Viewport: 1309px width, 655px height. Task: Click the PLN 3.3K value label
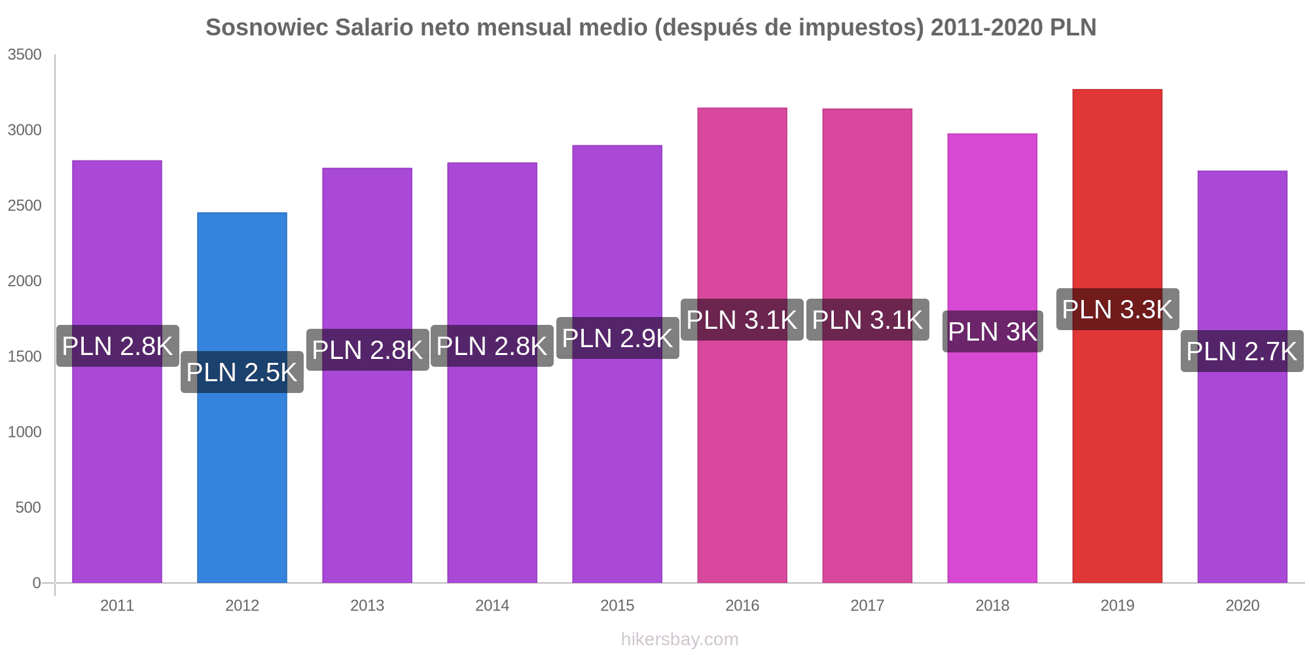pyautogui.click(x=1117, y=309)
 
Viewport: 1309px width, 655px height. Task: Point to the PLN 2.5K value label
pyautogui.click(x=242, y=372)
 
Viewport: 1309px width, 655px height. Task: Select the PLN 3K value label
pyautogui.click(x=992, y=331)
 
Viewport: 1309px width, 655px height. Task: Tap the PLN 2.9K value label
pyautogui.click(x=617, y=338)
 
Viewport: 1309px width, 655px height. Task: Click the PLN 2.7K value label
pyautogui.click(x=1242, y=351)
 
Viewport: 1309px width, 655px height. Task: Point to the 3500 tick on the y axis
pyautogui.click(x=25, y=55)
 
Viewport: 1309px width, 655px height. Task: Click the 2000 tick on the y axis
pyautogui.click(x=25, y=281)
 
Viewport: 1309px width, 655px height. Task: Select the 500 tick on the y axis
pyautogui.click(x=29, y=508)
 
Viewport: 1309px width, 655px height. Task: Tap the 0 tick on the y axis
pyautogui.click(x=37, y=583)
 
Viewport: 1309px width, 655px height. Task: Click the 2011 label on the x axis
pyautogui.click(x=117, y=605)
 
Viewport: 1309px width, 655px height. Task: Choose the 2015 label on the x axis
pyautogui.click(x=617, y=605)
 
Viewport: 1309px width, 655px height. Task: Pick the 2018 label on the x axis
pyautogui.click(x=992, y=605)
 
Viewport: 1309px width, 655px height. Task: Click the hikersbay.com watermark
pyautogui.click(x=679, y=639)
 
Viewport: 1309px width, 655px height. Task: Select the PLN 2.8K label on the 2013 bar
pyautogui.click(x=367, y=350)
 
